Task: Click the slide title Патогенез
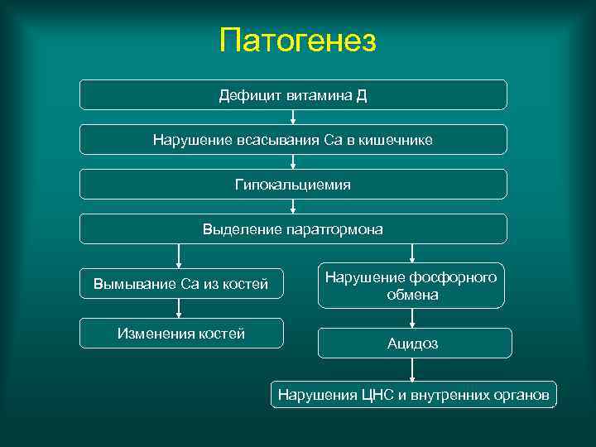pos(298,40)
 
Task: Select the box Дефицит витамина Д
pos(293,94)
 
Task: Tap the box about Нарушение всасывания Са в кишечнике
pos(293,139)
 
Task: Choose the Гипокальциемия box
pos(293,184)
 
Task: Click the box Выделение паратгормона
pos(293,228)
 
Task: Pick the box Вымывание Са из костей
pos(180,284)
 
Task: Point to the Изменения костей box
pos(180,334)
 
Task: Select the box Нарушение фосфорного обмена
pos(411,286)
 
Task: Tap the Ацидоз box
pos(413,343)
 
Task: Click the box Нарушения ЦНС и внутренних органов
pos(413,395)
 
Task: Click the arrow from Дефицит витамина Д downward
pos(293,118)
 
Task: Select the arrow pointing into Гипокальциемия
pos(293,162)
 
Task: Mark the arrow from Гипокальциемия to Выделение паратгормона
pos(293,207)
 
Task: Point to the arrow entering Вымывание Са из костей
pos(178,256)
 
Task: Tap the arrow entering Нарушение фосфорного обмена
pos(412,253)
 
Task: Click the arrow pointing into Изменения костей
pos(178,309)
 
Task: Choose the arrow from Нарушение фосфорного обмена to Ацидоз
pos(412,319)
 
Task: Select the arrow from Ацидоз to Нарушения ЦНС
pos(412,369)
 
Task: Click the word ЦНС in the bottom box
pos(378,395)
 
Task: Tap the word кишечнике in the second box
pos(396,139)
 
